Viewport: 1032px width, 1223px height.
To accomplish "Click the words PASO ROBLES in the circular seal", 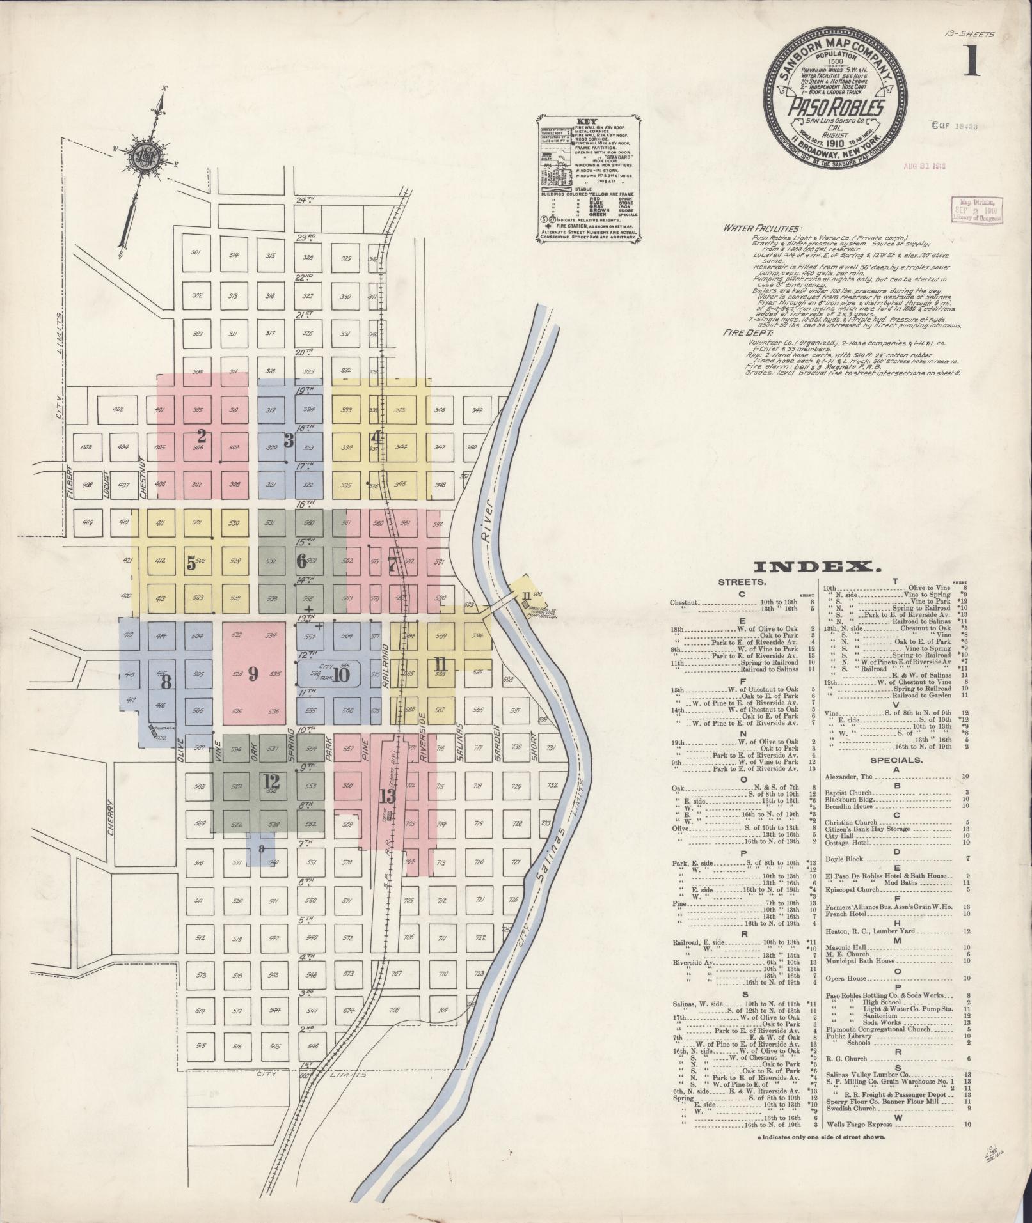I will pos(836,107).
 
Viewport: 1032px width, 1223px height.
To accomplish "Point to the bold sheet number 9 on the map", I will pos(253,673).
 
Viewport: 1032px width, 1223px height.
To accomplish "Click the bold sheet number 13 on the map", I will pos(387,796).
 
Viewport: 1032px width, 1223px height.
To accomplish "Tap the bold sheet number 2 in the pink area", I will pos(202,437).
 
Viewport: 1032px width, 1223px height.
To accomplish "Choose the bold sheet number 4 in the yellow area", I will pos(377,438).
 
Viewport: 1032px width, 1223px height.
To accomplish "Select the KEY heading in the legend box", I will pos(587,121).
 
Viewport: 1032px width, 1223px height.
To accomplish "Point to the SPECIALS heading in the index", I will pos(897,760).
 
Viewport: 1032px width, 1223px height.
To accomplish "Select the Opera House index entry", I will pos(846,978).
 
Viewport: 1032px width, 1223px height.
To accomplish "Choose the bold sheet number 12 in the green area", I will pos(271,781).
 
